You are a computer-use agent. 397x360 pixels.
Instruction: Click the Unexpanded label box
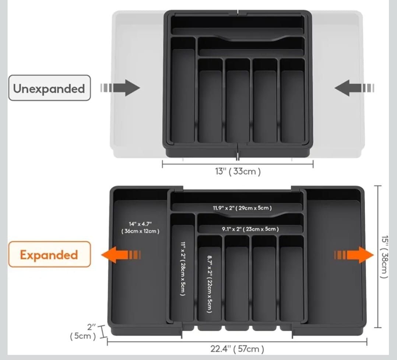(49, 88)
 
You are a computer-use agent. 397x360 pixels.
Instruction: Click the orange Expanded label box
(49, 254)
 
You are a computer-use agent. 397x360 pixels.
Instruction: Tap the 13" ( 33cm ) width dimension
(238, 171)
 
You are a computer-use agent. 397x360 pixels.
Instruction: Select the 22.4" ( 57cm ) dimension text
(238, 349)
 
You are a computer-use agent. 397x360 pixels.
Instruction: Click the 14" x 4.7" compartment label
(140, 227)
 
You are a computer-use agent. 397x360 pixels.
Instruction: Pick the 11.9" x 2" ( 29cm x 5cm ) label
(242, 208)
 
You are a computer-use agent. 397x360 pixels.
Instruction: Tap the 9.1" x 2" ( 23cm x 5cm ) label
(250, 229)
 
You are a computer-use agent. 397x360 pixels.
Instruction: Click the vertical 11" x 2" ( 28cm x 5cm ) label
(183, 268)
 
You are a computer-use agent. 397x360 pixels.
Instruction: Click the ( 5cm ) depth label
(83, 336)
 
